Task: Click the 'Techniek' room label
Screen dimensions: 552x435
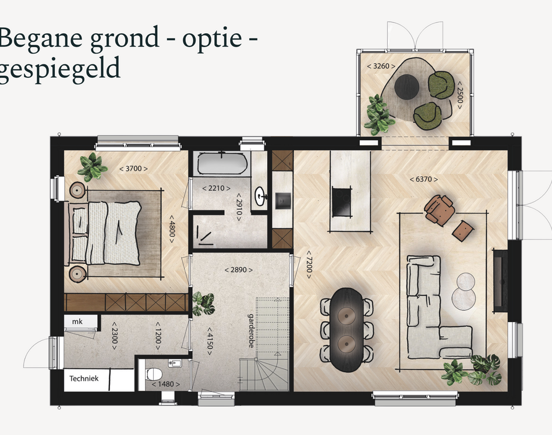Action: [x=84, y=379]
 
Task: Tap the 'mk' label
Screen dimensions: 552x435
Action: [x=77, y=322]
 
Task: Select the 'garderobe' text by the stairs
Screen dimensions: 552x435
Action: [x=251, y=331]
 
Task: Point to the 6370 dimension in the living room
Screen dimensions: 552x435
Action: [x=424, y=179]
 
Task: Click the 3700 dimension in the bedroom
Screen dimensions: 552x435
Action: [x=133, y=169]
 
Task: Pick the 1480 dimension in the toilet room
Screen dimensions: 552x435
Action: [x=165, y=384]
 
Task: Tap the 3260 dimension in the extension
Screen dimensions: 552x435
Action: [x=381, y=66]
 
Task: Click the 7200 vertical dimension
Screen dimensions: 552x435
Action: [x=309, y=265]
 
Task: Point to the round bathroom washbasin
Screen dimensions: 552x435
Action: [x=260, y=195]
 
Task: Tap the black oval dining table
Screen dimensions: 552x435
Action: [x=346, y=330]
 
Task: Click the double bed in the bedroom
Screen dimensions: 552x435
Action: [x=105, y=233]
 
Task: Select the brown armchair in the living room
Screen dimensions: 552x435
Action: [x=439, y=209]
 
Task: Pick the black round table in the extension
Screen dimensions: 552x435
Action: [x=406, y=87]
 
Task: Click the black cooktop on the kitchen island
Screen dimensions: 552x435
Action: [x=341, y=201]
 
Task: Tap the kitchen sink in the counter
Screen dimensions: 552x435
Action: [x=282, y=201]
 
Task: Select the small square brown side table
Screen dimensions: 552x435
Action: [x=463, y=230]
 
